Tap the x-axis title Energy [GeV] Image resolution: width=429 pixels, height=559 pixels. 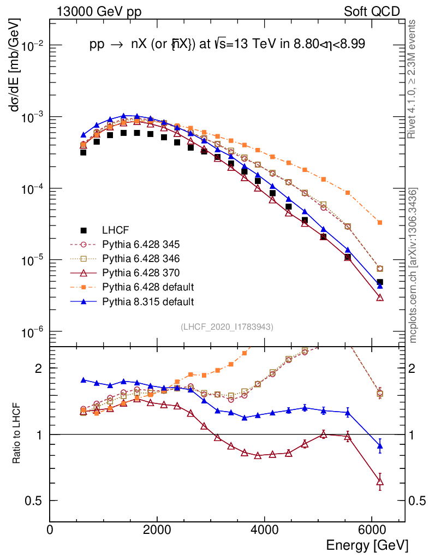point(366,545)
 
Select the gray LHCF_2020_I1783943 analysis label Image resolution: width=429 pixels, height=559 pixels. point(227,327)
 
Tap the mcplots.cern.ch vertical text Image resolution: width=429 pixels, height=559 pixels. point(413,265)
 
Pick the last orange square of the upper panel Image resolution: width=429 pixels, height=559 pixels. point(380,222)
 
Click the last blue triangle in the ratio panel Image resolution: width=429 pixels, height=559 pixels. point(380,446)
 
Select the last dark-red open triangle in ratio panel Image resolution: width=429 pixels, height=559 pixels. point(380,481)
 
